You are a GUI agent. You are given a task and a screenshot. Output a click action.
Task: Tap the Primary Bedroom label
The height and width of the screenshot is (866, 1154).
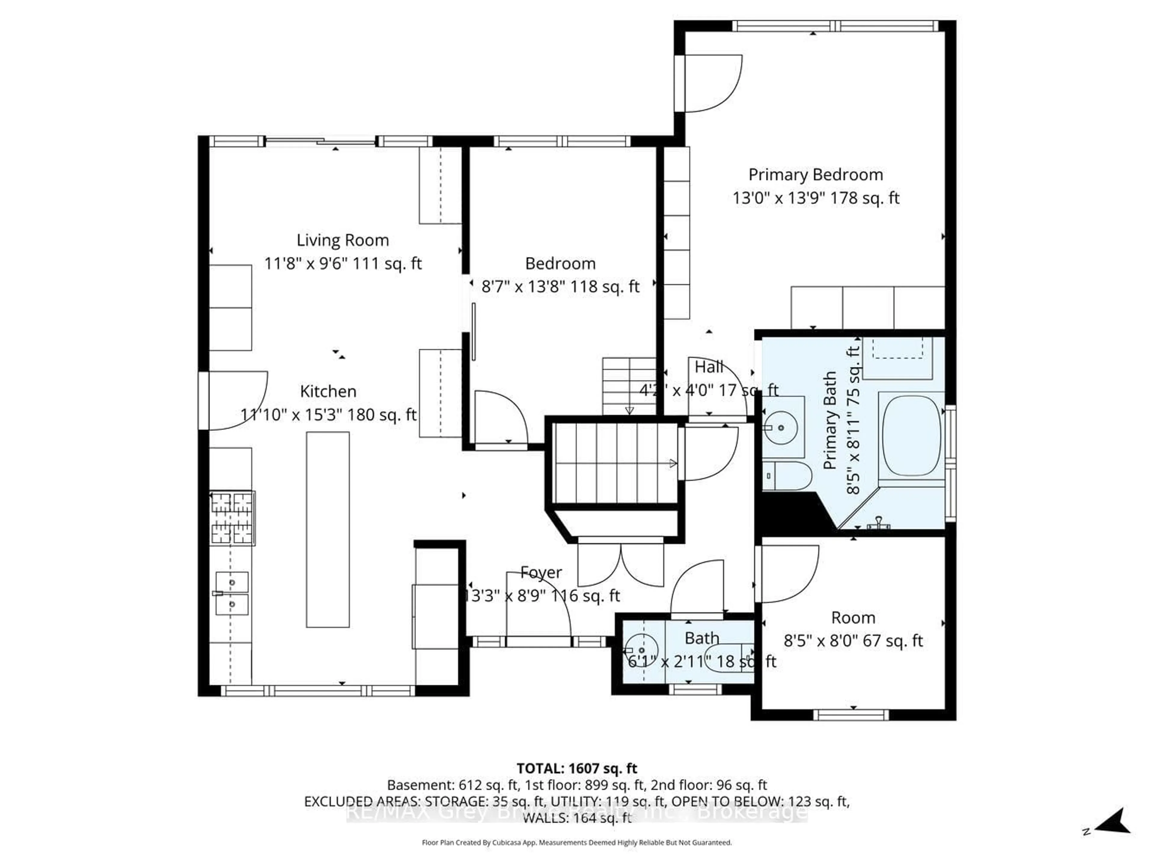point(815,175)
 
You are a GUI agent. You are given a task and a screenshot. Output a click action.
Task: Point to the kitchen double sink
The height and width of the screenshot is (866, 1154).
point(232,593)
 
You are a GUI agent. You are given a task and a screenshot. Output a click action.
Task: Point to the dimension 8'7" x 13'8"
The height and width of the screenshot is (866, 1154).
point(560,286)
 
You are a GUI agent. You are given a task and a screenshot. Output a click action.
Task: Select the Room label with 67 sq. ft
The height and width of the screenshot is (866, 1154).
point(853,618)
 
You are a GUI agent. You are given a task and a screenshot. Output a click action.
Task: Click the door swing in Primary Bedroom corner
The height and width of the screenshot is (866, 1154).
point(712,84)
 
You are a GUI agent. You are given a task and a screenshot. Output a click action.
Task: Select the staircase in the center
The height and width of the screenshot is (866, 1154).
point(615,463)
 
